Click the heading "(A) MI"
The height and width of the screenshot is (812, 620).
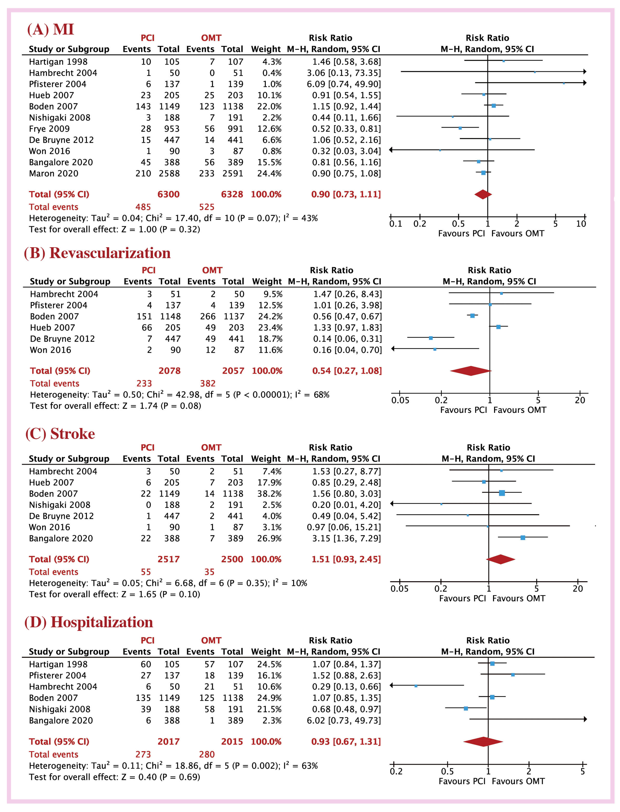pyautogui.click(x=51, y=29)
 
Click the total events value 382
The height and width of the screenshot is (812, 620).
pyautogui.click(x=208, y=384)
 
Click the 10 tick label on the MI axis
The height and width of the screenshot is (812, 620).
pyautogui.click(x=581, y=224)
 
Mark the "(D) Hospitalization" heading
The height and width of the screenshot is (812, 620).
pyautogui.click(x=89, y=622)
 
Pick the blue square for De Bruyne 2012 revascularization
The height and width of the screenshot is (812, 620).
pyautogui.click(x=431, y=338)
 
